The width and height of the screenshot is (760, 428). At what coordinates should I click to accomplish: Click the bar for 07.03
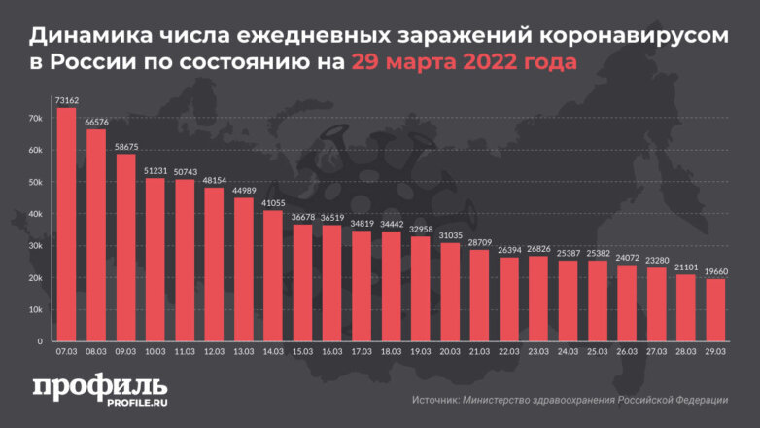[67, 224]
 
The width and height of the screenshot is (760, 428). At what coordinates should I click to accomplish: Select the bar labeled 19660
[714, 309]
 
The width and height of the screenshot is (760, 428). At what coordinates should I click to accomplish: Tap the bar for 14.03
[273, 275]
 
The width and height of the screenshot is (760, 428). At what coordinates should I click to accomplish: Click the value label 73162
[67, 100]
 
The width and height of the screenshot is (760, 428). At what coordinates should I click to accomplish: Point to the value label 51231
[155, 170]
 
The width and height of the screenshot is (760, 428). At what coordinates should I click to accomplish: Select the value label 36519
[331, 218]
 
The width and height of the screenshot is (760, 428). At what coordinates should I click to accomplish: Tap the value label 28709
[479, 242]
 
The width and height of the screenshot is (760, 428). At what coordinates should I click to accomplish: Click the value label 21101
[685, 267]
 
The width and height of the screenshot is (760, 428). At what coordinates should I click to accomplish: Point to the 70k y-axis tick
[36, 119]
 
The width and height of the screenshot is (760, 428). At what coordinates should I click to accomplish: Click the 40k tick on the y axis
[36, 214]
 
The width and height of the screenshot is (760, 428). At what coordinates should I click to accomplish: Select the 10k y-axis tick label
[36, 309]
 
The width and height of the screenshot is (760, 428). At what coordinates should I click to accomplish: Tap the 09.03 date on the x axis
[126, 351]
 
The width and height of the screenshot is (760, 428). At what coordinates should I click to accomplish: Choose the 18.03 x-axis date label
[391, 351]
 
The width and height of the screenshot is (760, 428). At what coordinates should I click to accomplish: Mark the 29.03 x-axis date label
[714, 351]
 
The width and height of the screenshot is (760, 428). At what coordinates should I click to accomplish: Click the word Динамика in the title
[86, 37]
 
